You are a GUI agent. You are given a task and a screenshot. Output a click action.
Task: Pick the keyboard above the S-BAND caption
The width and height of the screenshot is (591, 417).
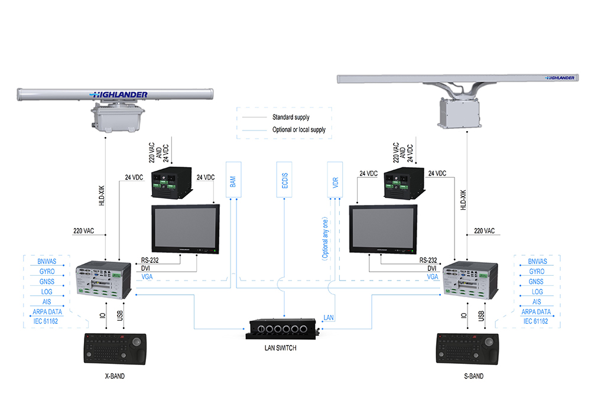coord(467,349)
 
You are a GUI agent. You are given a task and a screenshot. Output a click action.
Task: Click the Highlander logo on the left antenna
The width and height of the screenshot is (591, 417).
coord(119,95)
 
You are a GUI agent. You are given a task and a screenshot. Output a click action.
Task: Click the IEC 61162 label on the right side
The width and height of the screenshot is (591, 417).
coord(536,321)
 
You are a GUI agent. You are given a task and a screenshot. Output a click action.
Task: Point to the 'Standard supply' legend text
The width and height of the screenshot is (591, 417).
coord(291,118)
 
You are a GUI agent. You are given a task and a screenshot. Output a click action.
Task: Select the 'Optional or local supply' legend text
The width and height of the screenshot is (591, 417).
coord(299,129)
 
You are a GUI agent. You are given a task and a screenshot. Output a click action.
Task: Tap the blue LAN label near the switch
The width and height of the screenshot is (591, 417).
coord(329,318)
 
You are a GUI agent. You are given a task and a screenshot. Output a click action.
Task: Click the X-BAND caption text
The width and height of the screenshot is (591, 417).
coord(112,376)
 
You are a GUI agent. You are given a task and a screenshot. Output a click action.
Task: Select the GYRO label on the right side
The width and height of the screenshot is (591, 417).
coord(537,272)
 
